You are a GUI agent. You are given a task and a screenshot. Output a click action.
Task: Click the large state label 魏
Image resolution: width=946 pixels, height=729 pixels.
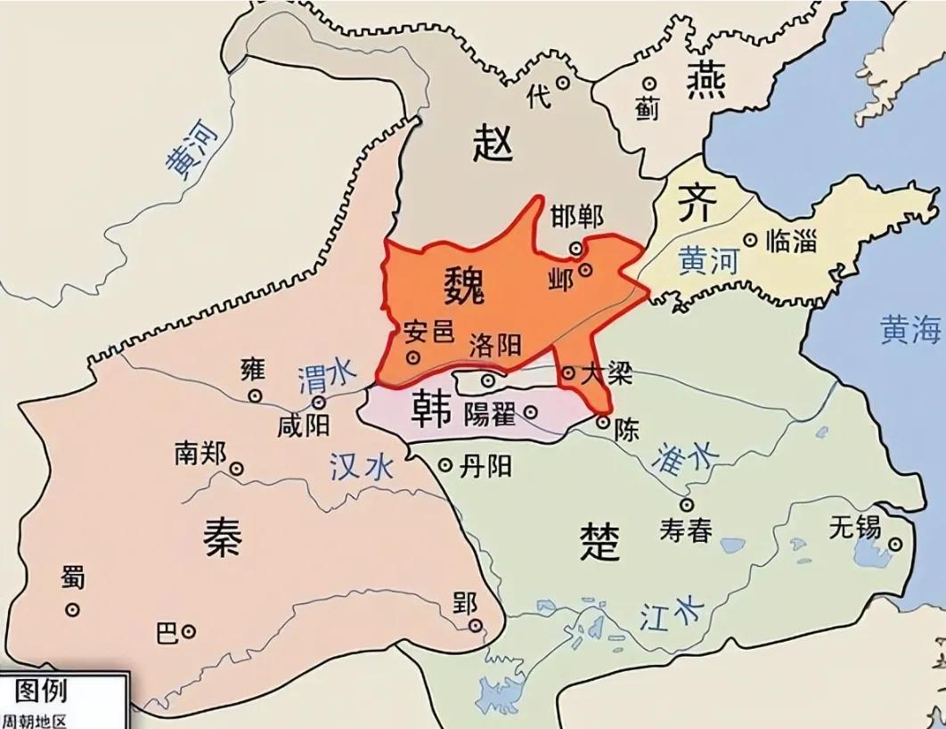463,284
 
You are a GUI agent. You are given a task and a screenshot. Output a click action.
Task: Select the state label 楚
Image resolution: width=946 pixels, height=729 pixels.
599,540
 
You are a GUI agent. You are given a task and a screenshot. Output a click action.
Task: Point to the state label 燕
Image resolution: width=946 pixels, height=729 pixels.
705,82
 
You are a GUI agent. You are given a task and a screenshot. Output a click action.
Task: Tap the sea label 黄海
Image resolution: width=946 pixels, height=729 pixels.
910,330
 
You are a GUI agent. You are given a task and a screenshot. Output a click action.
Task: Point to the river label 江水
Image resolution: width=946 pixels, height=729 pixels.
671,613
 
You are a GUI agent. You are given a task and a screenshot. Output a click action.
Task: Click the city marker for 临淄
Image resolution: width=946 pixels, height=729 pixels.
751,240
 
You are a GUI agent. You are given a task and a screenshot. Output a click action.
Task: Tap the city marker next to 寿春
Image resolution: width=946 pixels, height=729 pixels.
687,504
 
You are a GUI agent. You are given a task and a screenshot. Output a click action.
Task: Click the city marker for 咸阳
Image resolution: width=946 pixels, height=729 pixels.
318,403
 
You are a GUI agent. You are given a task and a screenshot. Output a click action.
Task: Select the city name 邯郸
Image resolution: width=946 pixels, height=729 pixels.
576,217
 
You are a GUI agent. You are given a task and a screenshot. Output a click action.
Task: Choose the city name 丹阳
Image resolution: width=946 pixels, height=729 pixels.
486,465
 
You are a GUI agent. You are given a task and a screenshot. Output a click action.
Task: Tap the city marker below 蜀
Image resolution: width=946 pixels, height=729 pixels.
72,610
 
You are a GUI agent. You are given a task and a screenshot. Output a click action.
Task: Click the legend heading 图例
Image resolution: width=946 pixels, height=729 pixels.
41,690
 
